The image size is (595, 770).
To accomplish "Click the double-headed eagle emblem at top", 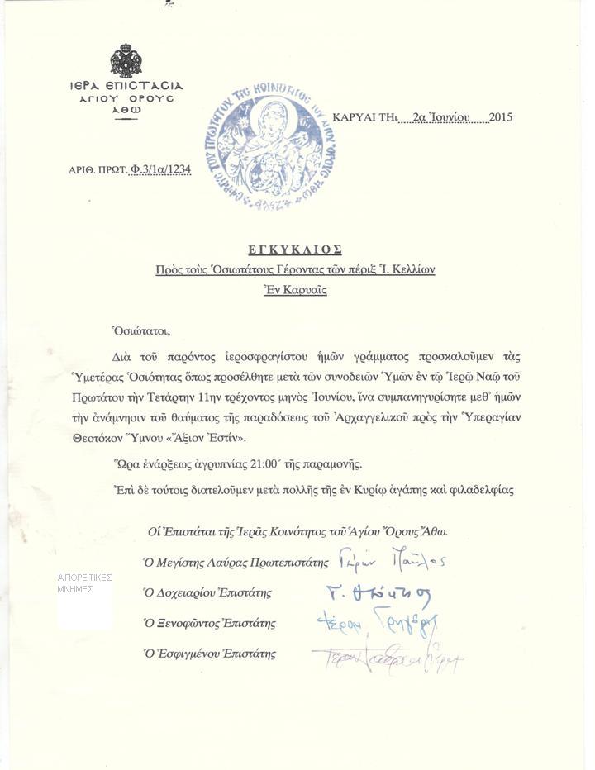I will coord(126,62).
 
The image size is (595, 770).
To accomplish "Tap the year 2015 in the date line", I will coord(500,117).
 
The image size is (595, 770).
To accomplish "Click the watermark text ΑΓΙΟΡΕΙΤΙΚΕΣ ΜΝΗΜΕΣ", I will coord(85,583).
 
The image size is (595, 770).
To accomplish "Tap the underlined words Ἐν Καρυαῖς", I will coord(295,291).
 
